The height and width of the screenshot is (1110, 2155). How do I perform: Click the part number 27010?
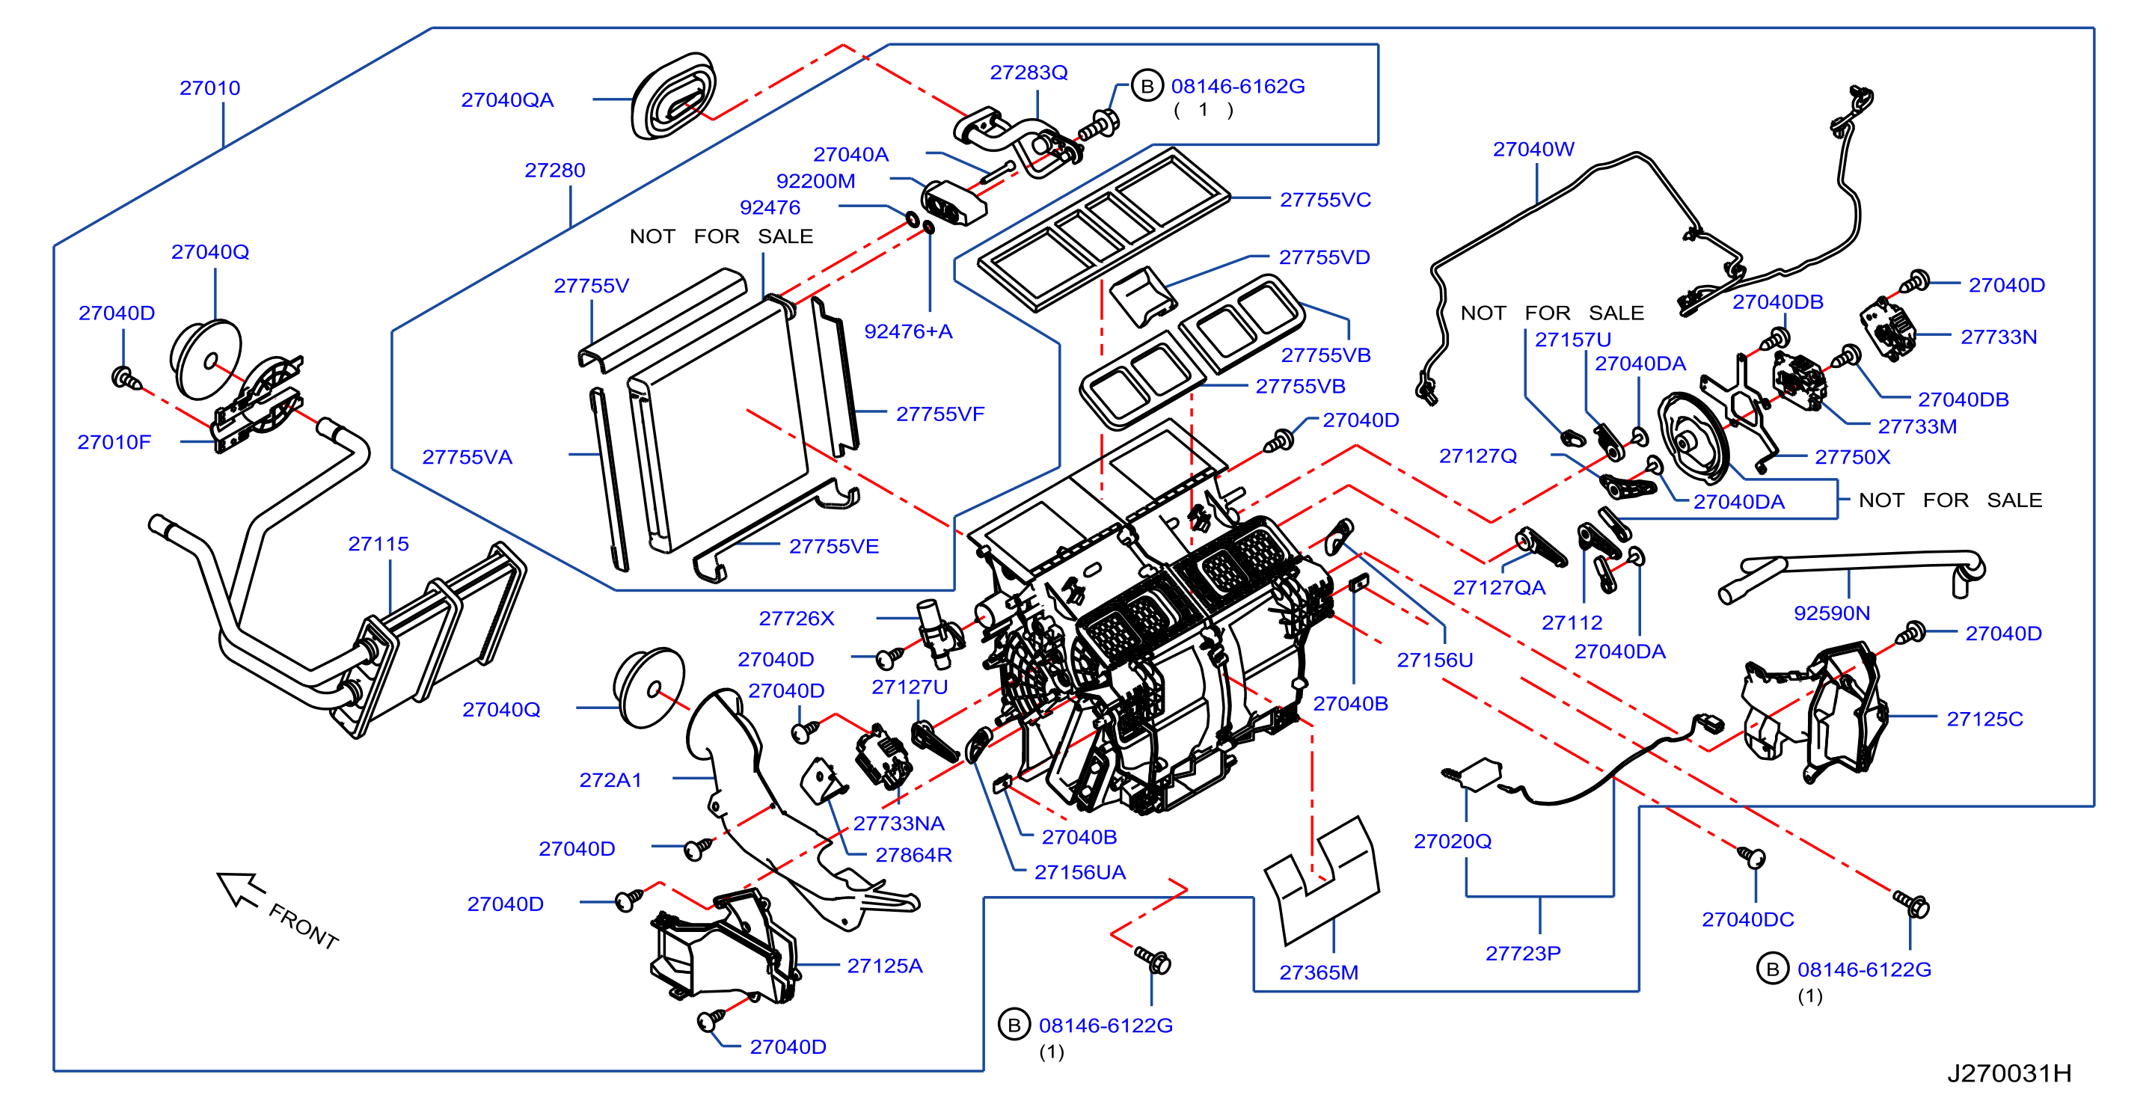coord(210,88)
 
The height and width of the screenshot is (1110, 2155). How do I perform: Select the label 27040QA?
coord(507,99)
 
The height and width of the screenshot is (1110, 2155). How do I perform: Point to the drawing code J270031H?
coord(2009,1073)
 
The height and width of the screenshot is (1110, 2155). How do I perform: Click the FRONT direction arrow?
coord(240,889)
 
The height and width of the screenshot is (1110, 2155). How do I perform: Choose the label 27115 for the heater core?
coord(378,544)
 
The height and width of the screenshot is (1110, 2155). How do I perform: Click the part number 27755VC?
coord(1325,200)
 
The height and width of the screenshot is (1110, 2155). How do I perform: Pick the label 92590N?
coord(1831,613)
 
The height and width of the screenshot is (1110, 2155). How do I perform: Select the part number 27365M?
coord(1319,972)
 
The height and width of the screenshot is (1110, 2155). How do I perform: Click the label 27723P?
coord(1522,953)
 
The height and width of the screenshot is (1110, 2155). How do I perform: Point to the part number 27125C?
coord(1984,719)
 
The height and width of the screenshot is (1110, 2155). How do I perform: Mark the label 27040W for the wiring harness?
coord(1533,149)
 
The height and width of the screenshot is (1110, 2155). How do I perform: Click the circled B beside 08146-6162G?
coord(1147,85)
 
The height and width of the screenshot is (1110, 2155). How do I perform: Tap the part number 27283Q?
coord(1029,72)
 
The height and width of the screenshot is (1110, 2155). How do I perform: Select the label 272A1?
coord(610,779)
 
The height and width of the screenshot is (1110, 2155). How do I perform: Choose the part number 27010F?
coord(114,441)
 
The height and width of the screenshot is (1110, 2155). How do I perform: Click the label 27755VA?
coord(467,457)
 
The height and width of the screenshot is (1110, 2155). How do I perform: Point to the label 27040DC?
coord(1747,919)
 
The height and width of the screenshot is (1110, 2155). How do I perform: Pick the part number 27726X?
coord(797,618)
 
